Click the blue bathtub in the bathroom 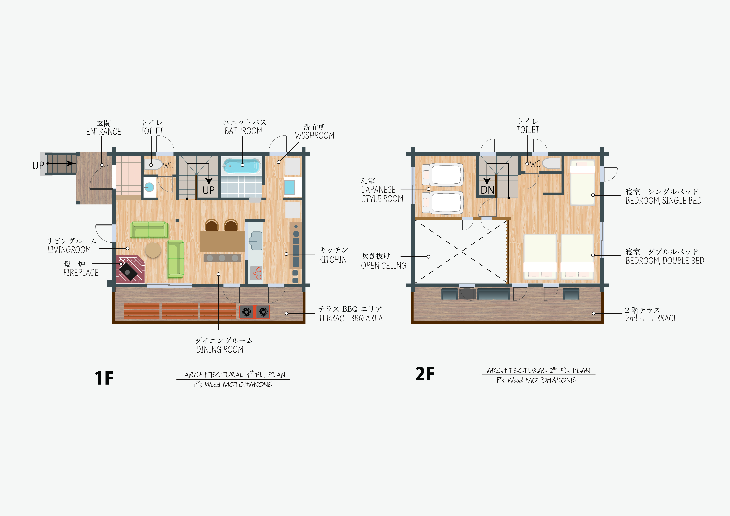tap(242, 166)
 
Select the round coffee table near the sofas tap(153, 250)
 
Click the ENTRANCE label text tap(104, 132)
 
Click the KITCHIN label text tap(333, 260)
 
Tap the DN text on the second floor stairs tap(487, 190)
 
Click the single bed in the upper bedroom tap(582, 182)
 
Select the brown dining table tap(222, 242)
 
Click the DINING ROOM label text tap(220, 349)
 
